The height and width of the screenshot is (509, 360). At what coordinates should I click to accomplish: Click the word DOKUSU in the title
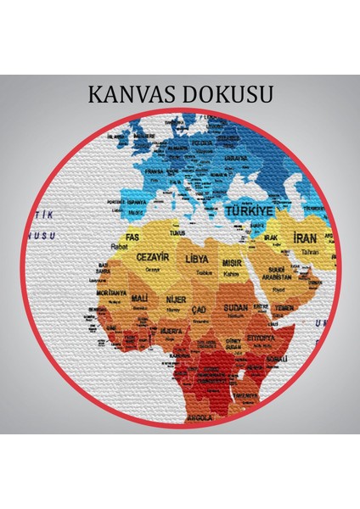227,93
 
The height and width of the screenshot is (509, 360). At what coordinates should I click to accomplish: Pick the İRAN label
305,240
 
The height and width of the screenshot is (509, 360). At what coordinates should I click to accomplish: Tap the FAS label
132,237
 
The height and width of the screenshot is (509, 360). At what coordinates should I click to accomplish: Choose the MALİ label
140,299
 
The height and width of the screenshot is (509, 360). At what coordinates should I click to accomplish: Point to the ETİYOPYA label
262,337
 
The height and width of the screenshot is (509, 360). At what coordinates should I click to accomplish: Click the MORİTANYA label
111,294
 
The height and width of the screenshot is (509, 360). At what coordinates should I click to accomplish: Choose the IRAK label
272,238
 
